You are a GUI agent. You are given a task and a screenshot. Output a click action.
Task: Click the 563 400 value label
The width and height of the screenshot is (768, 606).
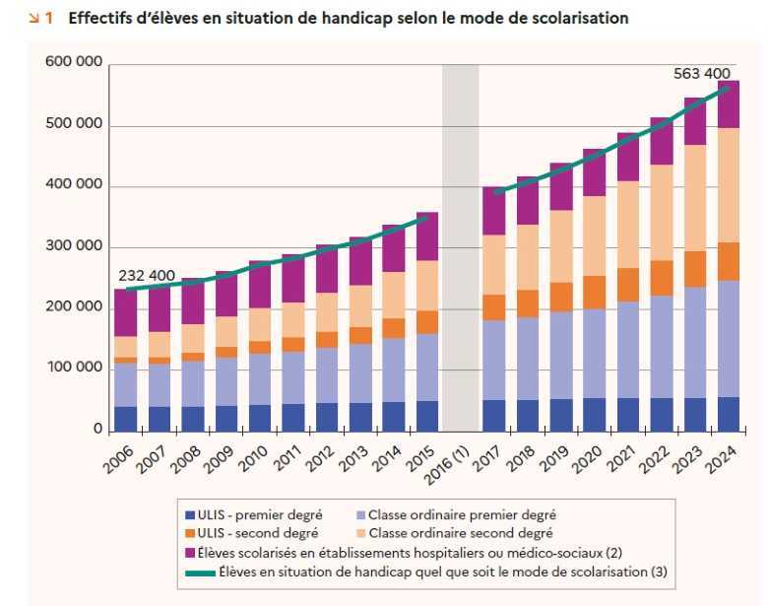[x=701, y=73]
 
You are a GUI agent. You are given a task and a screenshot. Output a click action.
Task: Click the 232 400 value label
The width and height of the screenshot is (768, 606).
[x=147, y=276]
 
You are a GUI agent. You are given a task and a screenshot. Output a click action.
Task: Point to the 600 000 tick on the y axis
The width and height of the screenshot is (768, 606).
[x=74, y=63]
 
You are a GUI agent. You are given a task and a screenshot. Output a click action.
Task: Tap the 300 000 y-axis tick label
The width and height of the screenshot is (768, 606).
[x=74, y=246]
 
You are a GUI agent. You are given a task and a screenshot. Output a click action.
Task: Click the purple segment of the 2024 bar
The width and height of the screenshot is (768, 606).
[x=729, y=103]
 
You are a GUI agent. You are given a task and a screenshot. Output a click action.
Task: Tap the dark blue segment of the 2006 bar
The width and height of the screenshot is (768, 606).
[x=125, y=419]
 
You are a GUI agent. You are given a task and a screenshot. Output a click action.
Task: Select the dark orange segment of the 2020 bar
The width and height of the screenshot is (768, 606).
[x=595, y=293]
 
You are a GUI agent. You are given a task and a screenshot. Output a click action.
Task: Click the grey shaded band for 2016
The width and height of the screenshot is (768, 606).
[x=460, y=246]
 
